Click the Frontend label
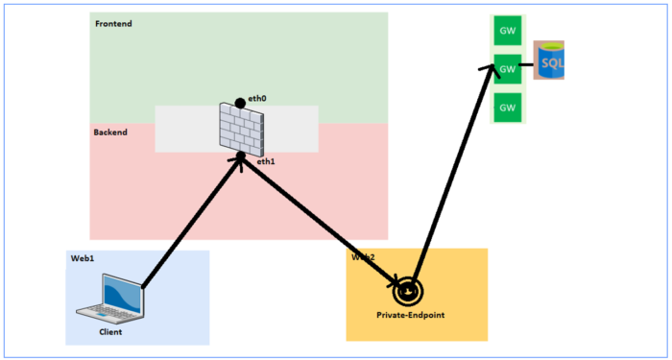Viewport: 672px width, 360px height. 114,23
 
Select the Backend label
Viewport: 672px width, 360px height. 110,132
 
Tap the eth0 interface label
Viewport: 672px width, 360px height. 256,99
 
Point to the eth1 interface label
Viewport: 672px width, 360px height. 266,162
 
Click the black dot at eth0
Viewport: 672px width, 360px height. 240,103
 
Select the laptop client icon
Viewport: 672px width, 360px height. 110,299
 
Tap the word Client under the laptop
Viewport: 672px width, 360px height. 110,332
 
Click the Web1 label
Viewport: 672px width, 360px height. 82,259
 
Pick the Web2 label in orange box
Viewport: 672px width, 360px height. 362,257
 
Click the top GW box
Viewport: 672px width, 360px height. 507,32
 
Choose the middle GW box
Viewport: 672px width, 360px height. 507,69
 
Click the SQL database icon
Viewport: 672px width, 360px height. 550,62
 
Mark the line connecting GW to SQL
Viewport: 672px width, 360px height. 527,67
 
